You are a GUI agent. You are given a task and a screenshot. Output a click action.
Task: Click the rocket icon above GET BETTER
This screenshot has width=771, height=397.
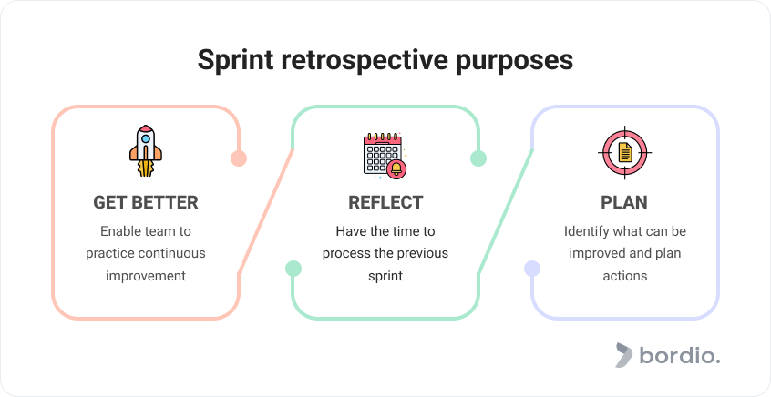tap(146, 150)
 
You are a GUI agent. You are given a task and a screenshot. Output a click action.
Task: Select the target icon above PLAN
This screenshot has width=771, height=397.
tap(625, 152)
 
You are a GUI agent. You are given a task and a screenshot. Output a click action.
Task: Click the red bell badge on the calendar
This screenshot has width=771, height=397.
tap(396, 169)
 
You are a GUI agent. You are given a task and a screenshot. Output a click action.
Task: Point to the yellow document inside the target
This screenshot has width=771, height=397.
tap(625, 152)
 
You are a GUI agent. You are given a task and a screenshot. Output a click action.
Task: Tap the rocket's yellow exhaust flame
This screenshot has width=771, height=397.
tap(146, 168)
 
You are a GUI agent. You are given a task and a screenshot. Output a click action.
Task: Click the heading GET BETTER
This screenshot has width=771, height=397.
tap(146, 202)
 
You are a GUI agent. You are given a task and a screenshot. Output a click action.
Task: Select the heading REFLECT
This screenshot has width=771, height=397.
tap(385, 202)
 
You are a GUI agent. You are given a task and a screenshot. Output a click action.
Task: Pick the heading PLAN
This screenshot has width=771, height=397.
tap(624, 202)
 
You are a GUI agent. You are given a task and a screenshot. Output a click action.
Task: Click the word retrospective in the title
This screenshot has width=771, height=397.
tap(365, 60)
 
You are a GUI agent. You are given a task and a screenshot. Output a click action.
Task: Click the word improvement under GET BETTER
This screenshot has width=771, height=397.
tap(146, 276)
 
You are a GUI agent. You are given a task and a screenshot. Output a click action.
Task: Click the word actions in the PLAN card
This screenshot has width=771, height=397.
tap(625, 276)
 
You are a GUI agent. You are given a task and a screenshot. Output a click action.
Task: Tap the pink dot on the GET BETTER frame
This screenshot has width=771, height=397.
tap(239, 158)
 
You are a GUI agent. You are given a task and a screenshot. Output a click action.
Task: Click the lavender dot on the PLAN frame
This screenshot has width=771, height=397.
tap(532, 269)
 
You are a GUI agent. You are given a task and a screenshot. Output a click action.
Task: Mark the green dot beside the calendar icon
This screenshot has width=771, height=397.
tap(478, 158)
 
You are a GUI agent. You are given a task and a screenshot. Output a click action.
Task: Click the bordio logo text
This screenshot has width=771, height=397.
tap(680, 355)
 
